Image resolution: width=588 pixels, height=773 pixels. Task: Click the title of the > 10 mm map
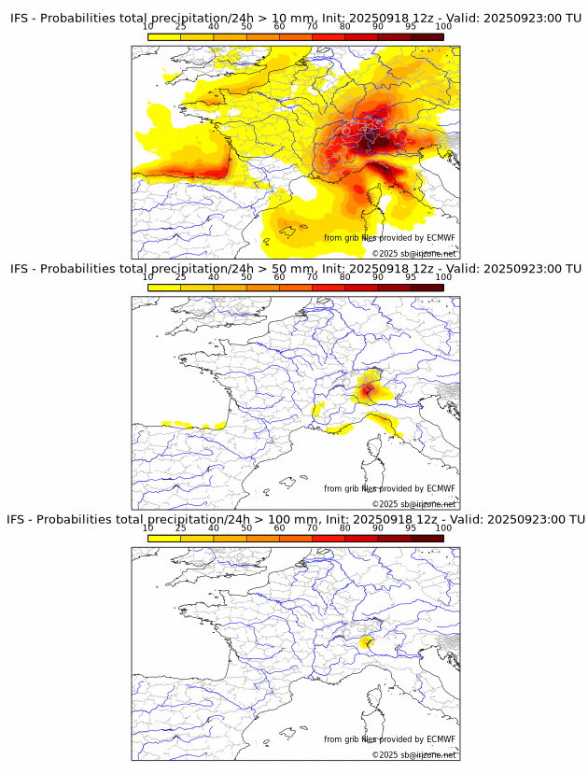point(295,19)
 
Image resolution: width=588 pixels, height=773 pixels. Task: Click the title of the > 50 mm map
point(295,269)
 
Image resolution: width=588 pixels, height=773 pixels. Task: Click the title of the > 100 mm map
point(295,519)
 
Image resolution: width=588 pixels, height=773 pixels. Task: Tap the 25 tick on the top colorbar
point(181,26)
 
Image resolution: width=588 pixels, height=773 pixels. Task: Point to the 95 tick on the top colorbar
point(411,26)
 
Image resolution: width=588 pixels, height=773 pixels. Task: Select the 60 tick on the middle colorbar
point(279,276)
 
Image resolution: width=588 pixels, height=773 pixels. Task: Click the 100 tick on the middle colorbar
point(443,276)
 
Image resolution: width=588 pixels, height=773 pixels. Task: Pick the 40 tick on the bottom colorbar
point(214,527)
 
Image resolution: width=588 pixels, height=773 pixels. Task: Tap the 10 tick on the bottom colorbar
point(148,527)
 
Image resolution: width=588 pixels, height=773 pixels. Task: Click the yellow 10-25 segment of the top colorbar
point(164,36)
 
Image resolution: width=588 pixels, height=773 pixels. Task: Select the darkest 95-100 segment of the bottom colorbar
point(427,538)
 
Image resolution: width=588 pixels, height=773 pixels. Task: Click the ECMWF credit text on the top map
point(389,238)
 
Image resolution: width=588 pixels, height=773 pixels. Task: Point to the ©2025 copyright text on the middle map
point(413,504)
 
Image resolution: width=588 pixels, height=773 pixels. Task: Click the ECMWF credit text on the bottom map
point(389,739)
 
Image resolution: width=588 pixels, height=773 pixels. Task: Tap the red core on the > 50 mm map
point(368,388)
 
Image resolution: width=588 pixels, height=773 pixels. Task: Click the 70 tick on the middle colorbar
point(312,276)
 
